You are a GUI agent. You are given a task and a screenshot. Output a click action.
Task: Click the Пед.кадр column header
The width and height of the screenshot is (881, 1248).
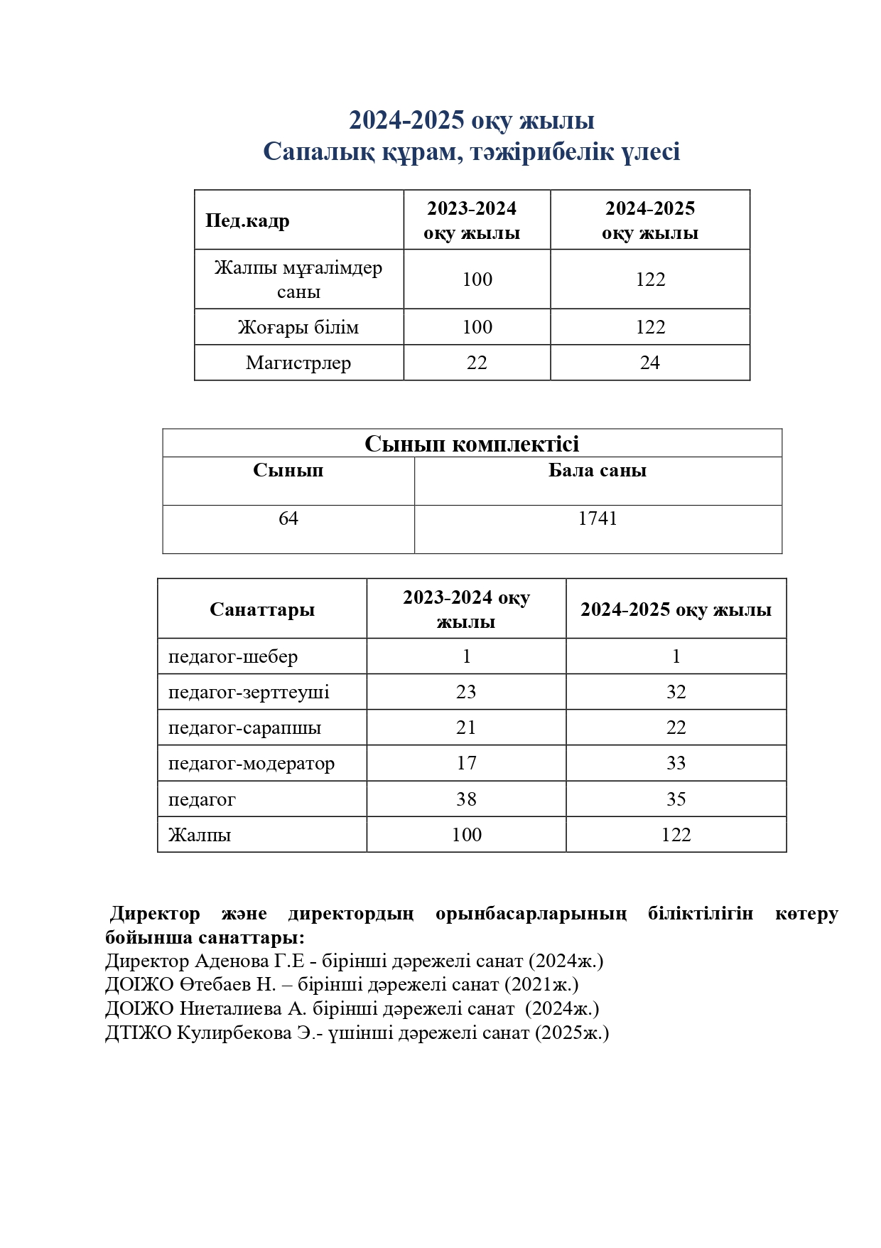pyautogui.click(x=247, y=220)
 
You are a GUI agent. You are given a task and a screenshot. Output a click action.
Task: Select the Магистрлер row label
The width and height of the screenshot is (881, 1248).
pyautogui.click(x=298, y=363)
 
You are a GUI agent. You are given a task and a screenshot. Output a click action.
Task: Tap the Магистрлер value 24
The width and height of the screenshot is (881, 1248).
pyautogui.click(x=649, y=363)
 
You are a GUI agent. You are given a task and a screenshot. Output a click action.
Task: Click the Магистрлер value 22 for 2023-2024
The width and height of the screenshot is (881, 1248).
pyautogui.click(x=477, y=363)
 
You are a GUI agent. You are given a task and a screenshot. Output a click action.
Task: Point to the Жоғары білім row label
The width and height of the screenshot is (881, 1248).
pyautogui.click(x=298, y=327)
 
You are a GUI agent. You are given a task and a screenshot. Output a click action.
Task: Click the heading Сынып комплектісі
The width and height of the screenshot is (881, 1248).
pyautogui.click(x=472, y=444)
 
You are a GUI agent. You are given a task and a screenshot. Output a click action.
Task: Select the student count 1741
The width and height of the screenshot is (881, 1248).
pyautogui.click(x=598, y=518)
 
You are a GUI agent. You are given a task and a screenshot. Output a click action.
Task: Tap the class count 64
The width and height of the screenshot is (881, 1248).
pyautogui.click(x=288, y=518)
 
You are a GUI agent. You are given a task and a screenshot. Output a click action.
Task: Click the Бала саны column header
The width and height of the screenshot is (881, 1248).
pyautogui.click(x=598, y=471)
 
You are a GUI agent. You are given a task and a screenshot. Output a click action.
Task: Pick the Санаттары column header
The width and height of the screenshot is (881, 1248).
pyautogui.click(x=262, y=609)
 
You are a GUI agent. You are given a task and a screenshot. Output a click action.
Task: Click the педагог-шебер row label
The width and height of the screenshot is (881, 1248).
pyautogui.click(x=233, y=656)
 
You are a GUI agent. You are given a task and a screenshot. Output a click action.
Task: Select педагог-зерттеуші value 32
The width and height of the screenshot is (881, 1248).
pyautogui.click(x=676, y=692)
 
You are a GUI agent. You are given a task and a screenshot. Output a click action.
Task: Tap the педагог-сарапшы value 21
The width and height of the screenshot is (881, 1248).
pyautogui.click(x=466, y=727)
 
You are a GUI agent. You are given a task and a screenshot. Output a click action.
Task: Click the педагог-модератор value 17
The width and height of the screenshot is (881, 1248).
pyautogui.click(x=466, y=763)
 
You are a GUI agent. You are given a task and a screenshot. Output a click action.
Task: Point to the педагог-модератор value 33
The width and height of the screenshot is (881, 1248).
pyautogui.click(x=676, y=763)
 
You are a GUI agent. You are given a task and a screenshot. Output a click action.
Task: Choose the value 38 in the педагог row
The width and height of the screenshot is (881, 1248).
pyautogui.click(x=466, y=799)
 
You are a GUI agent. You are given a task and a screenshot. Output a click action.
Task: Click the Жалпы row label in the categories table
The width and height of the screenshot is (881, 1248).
pyautogui.click(x=200, y=835)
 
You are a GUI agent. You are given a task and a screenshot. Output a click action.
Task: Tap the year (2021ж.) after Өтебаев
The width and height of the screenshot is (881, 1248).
pyautogui.click(x=541, y=985)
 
